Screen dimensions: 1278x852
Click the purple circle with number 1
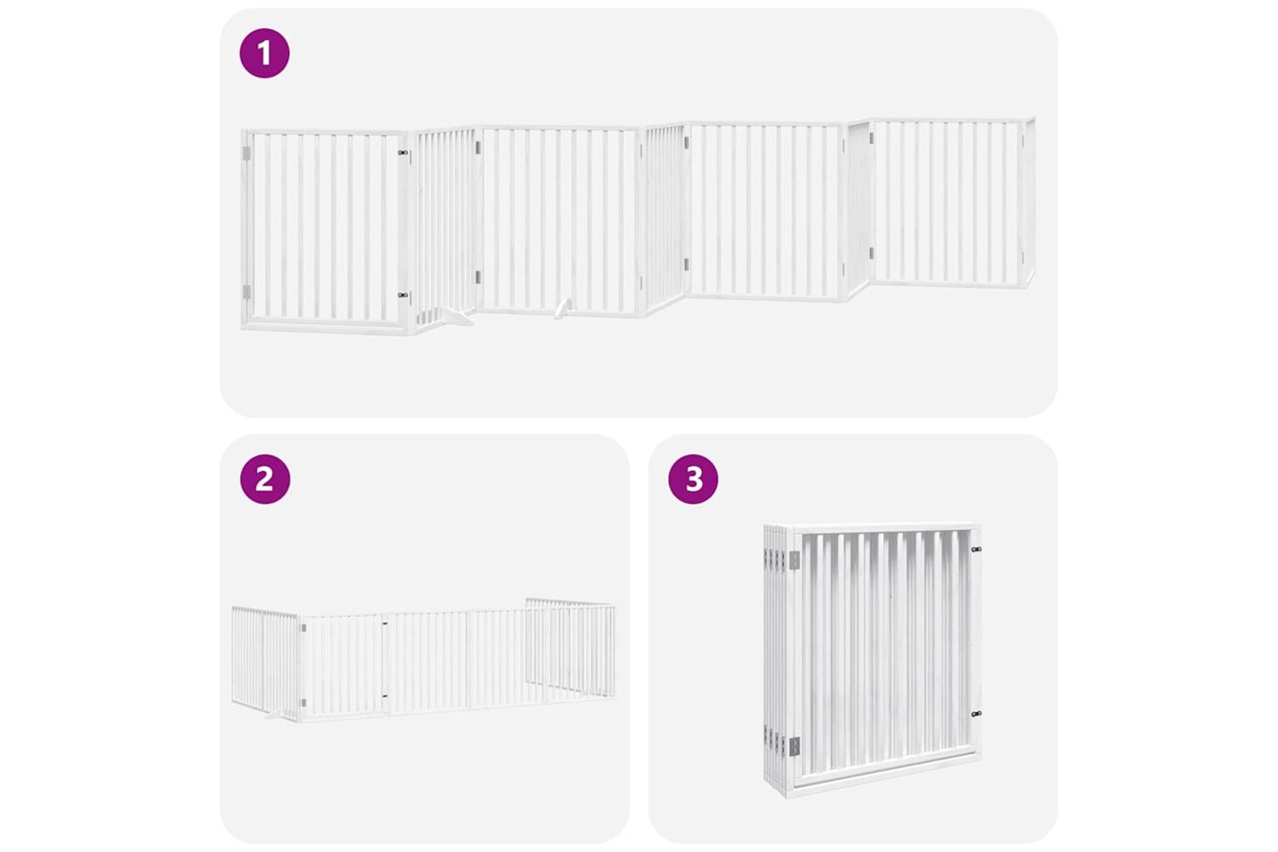click(x=264, y=53)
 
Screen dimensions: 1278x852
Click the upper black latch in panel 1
click(x=403, y=153)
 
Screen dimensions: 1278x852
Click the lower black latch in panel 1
click(x=403, y=295)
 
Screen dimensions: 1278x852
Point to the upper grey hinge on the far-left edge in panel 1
click(x=246, y=153)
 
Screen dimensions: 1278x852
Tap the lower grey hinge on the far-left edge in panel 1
click(x=246, y=292)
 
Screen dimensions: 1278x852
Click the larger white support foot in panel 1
click(x=451, y=316)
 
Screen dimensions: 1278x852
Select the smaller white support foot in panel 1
click(x=562, y=308)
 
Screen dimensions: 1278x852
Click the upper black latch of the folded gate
click(x=976, y=549)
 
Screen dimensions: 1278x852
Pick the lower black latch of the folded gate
click(x=976, y=713)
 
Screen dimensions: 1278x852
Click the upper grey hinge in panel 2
click(x=303, y=628)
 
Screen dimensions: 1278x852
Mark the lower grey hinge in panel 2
click(x=303, y=703)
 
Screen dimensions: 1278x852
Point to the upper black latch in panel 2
click(x=385, y=623)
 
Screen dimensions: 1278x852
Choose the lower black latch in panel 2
click(x=385, y=695)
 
